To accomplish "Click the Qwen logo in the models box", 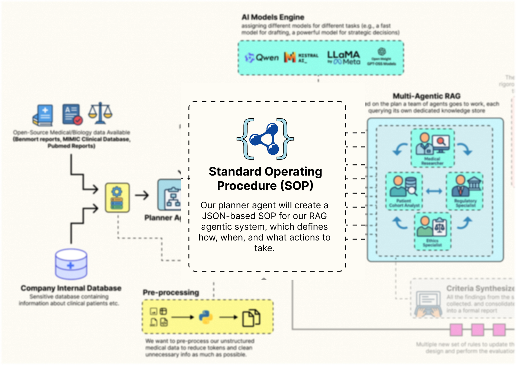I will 262,58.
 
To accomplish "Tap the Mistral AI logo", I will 301,58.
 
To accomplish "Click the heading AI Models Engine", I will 273,17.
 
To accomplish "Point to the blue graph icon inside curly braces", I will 265,139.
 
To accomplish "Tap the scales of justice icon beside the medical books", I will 100,113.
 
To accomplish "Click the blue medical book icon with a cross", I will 43,115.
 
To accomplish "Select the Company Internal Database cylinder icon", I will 71,264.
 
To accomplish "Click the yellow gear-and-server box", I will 117,198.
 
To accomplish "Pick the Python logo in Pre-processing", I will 206,317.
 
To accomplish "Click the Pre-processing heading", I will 171,292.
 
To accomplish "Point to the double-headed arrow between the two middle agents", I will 434,191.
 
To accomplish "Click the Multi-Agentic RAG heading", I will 426,96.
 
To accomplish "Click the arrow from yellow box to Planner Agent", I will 142,195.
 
